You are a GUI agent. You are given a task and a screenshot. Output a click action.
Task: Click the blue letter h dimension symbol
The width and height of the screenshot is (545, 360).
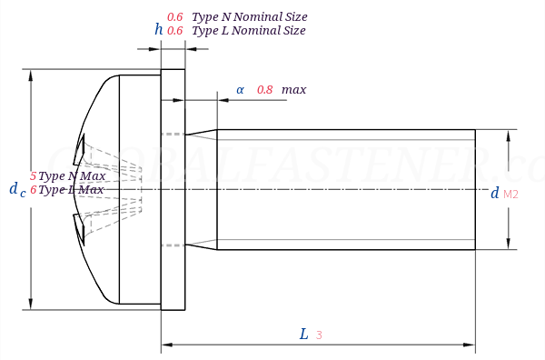[x=159, y=30]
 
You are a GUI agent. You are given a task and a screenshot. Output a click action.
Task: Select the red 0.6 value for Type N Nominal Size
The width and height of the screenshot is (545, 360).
[x=175, y=16]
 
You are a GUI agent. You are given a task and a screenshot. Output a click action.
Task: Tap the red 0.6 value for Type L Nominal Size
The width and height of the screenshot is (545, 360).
[x=175, y=30]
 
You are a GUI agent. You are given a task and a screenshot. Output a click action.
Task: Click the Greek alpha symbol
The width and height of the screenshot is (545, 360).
[x=240, y=89]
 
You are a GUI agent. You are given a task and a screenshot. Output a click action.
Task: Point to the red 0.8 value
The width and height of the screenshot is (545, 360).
[x=264, y=89]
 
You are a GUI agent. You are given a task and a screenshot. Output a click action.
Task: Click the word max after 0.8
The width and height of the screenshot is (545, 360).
[x=293, y=89]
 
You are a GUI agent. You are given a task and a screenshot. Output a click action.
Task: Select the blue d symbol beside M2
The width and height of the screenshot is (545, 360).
[x=494, y=193]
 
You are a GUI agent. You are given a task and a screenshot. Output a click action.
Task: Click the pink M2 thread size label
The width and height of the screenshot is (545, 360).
[x=510, y=194]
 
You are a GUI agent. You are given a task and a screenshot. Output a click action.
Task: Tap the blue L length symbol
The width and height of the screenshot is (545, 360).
[x=304, y=334]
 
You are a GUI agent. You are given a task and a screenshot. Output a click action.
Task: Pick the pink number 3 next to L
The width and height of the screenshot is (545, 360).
[x=319, y=335]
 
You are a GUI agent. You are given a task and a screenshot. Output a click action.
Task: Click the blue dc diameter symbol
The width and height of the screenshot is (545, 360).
[x=16, y=189]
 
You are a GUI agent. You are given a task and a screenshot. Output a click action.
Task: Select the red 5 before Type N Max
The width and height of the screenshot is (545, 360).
[x=34, y=175]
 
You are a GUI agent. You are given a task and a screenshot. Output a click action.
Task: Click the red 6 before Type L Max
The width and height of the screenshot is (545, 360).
[x=34, y=190]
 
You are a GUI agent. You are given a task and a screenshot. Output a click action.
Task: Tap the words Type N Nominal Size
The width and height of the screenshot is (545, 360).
[x=249, y=16]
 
